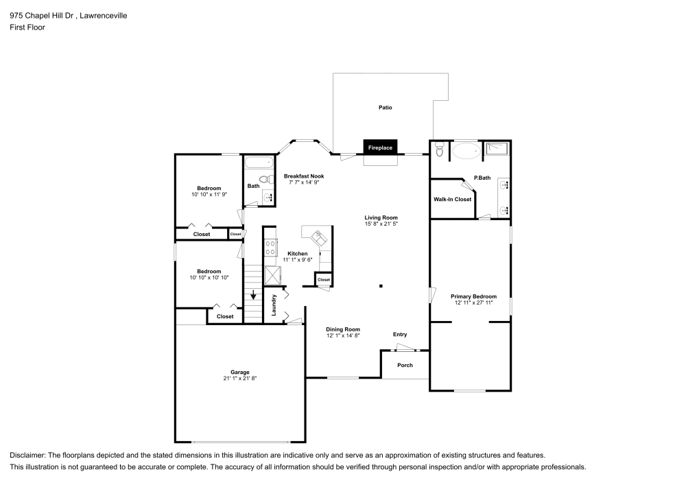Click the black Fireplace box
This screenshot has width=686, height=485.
pyautogui.click(x=380, y=147)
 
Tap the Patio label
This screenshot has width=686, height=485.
pyautogui.click(x=385, y=108)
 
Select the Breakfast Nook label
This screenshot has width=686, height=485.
pyautogui.click(x=304, y=176)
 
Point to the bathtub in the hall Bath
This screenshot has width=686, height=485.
pyautogui.click(x=258, y=164)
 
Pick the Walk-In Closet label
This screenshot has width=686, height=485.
pyautogui.click(x=452, y=200)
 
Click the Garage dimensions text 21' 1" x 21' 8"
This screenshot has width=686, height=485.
pyautogui.click(x=239, y=379)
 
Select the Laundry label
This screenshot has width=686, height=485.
pyautogui.click(x=274, y=304)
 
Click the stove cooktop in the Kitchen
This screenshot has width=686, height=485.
pyautogui.click(x=270, y=247)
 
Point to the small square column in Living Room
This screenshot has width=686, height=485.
pyautogui.click(x=381, y=286)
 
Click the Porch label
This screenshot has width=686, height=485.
pyautogui.click(x=405, y=365)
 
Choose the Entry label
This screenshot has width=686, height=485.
pyautogui.click(x=400, y=335)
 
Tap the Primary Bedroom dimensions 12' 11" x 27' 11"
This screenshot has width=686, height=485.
pyautogui.click(x=473, y=304)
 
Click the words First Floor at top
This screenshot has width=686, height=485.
pyautogui.click(x=27, y=27)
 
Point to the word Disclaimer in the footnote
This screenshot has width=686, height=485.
pyautogui.click(x=28, y=456)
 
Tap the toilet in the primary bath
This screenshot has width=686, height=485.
pyautogui.click(x=440, y=150)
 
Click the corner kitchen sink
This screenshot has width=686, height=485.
pyautogui.click(x=319, y=237)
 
